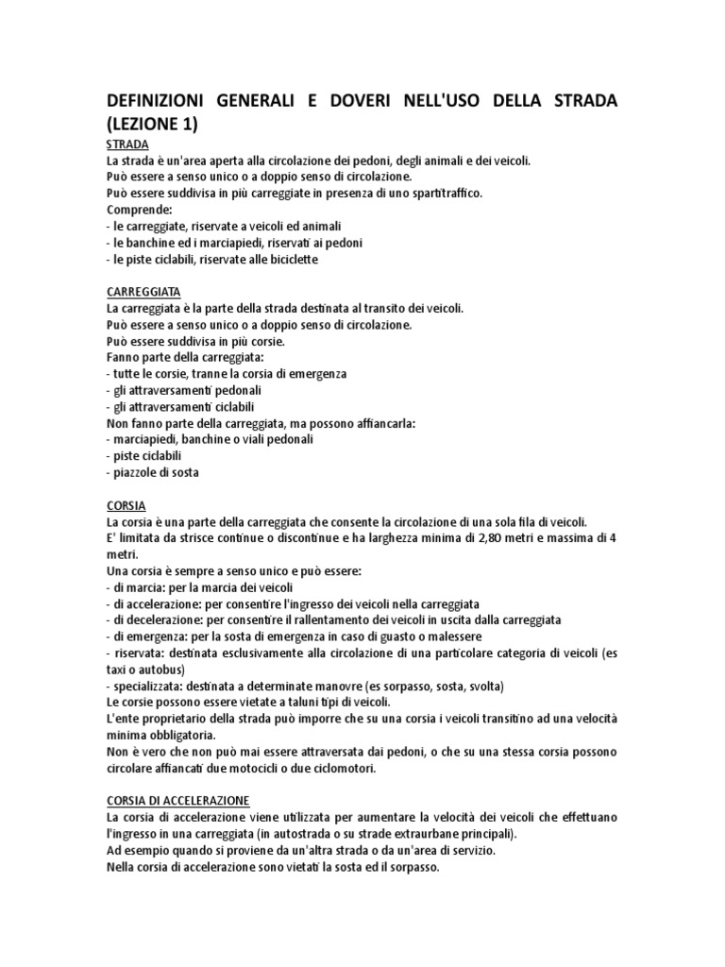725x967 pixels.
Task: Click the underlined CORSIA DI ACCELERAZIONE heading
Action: [x=178, y=799]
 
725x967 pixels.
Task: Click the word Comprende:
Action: [x=139, y=209]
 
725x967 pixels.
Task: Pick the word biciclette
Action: [x=288, y=259]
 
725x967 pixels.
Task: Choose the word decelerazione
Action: [x=166, y=619]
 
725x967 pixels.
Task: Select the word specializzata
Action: [x=150, y=686]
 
